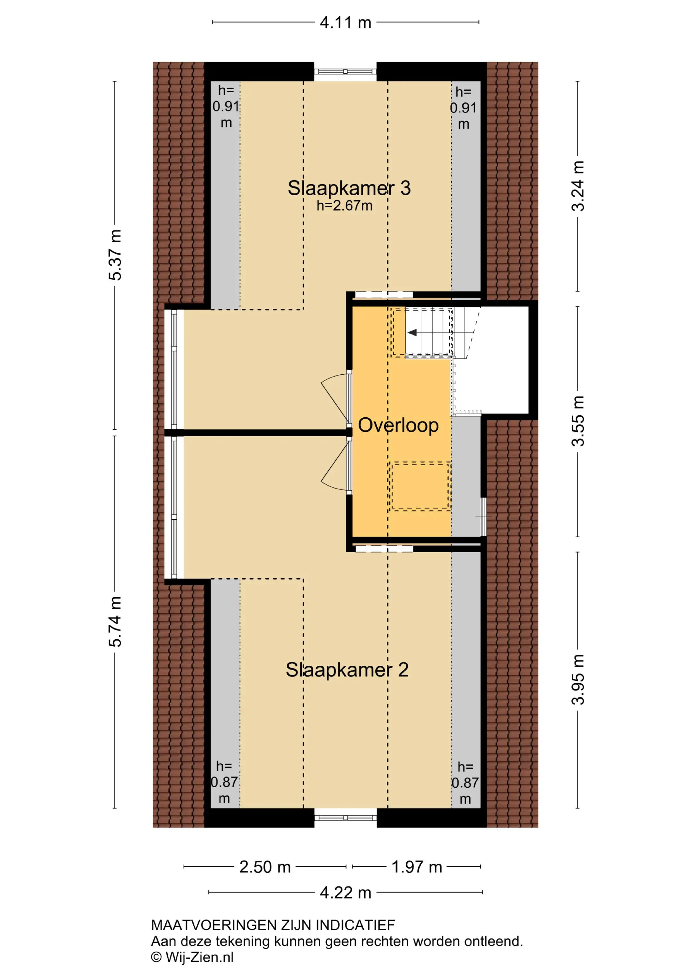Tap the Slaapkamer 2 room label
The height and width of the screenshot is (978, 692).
[x=347, y=670]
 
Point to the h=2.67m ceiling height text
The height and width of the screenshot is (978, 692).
[x=344, y=206]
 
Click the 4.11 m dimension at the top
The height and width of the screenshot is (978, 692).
[x=346, y=22]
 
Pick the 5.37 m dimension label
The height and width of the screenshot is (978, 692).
[x=115, y=255]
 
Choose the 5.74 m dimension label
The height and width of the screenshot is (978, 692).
[x=115, y=621]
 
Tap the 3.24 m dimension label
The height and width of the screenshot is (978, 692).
[x=578, y=186]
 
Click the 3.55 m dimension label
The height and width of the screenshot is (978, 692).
[x=578, y=421]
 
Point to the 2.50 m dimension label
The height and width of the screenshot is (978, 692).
[x=265, y=867]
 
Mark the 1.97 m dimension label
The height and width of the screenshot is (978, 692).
[x=417, y=867]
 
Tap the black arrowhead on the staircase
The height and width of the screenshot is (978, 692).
[x=412, y=332]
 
